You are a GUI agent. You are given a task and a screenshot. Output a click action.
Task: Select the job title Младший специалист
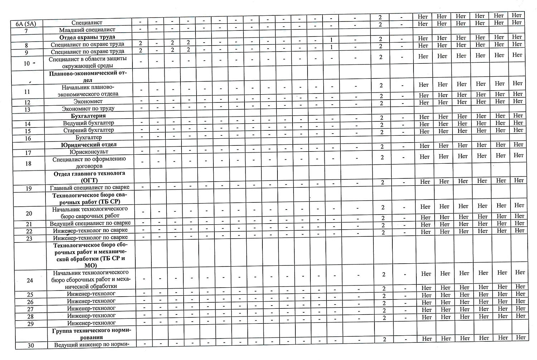(87, 30)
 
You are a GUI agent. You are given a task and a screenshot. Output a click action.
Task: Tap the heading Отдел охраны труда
(87, 37)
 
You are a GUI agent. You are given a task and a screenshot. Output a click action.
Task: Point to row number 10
(27, 63)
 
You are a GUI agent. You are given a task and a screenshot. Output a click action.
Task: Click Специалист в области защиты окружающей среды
(88, 62)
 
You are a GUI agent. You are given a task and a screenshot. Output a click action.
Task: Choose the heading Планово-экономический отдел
(88, 77)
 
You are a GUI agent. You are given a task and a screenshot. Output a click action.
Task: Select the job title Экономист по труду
(88, 109)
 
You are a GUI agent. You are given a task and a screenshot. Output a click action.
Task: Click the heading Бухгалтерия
(88, 116)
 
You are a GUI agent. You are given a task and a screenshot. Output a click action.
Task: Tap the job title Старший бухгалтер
(88, 130)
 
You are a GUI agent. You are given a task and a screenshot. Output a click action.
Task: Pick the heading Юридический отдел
(89, 145)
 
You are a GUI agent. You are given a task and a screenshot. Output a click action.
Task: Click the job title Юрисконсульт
(89, 152)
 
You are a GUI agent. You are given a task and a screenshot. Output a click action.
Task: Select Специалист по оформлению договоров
(89, 162)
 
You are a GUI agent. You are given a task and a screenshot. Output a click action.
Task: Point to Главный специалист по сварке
(89, 187)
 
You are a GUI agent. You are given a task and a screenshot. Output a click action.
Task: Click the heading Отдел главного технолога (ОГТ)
(89, 177)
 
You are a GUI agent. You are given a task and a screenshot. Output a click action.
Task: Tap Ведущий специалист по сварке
(90, 223)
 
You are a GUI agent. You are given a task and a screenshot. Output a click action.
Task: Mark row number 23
(29, 239)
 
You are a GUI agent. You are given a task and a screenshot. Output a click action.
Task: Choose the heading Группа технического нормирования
(92, 333)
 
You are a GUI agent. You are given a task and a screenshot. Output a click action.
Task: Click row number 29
(30, 324)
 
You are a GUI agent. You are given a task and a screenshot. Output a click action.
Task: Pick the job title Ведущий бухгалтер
(88, 123)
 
